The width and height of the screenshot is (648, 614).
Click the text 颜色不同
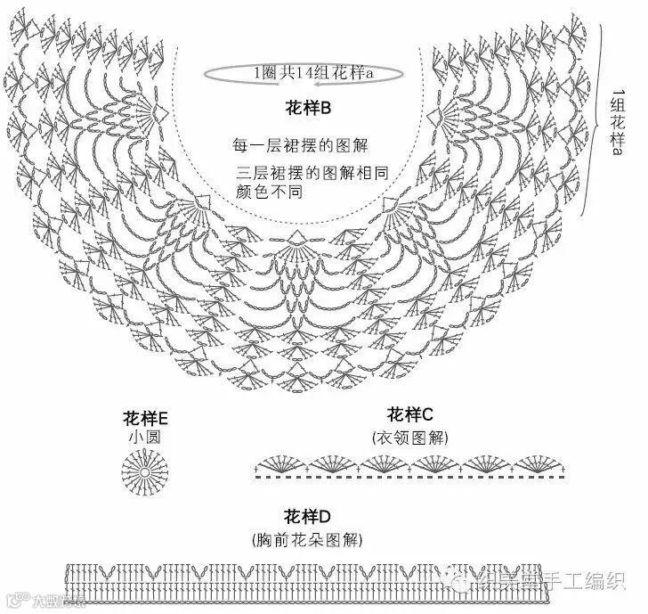point(267,191)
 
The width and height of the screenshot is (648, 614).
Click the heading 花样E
point(146,419)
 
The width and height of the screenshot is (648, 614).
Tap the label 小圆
point(146,438)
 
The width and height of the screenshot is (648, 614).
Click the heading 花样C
point(409,415)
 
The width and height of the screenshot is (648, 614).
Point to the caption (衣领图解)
point(409,438)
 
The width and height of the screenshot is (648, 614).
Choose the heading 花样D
point(307,517)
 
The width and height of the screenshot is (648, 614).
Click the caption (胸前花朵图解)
point(307,540)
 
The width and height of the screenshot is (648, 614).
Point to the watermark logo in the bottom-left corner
point(36,599)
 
